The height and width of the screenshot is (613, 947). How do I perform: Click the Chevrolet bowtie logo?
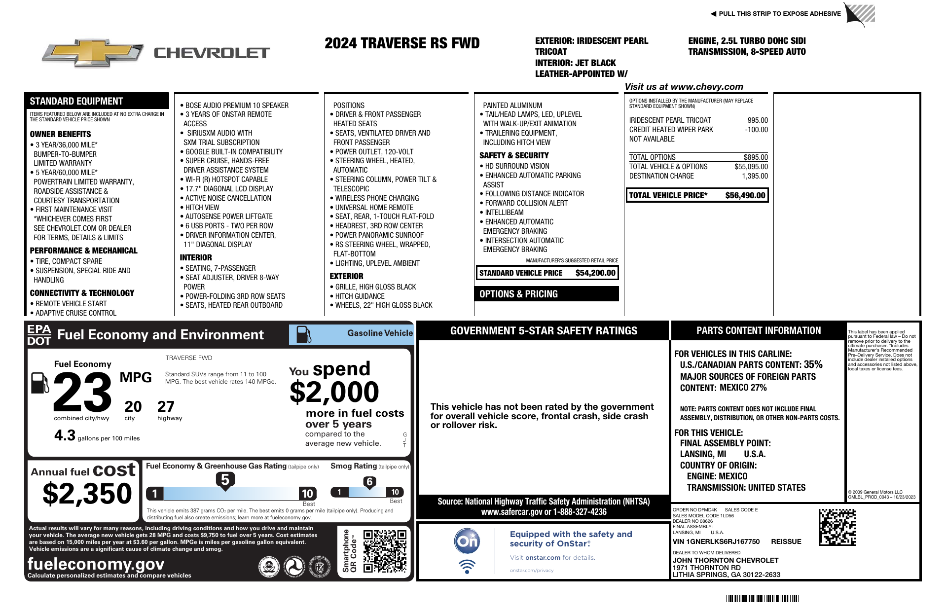click(x=92, y=53)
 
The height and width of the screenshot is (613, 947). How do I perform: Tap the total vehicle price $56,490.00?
click(x=745, y=195)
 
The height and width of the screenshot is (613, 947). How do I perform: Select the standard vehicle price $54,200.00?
click(x=595, y=273)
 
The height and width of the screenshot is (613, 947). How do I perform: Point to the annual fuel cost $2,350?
click(x=87, y=494)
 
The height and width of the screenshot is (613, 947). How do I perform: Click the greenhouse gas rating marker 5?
click(x=225, y=480)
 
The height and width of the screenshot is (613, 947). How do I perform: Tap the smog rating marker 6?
click(x=369, y=482)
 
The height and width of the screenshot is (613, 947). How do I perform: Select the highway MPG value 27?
click(x=166, y=406)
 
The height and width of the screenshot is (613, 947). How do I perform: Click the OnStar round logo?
click(x=467, y=541)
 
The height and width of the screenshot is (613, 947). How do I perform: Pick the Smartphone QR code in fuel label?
click(x=385, y=551)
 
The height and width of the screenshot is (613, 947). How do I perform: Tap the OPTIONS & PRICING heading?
click(x=518, y=294)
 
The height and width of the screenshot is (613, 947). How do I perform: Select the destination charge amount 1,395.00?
click(x=755, y=176)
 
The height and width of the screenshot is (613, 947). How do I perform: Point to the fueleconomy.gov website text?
click(x=96, y=564)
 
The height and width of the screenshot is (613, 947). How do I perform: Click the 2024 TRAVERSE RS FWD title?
click(x=402, y=43)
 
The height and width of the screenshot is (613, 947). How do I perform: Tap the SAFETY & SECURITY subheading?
click(x=514, y=155)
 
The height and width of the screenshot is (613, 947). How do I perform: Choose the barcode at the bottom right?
click(x=762, y=599)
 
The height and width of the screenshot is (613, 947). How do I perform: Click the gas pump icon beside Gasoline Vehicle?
click(x=304, y=334)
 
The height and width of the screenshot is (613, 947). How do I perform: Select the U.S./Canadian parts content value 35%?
click(x=813, y=364)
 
